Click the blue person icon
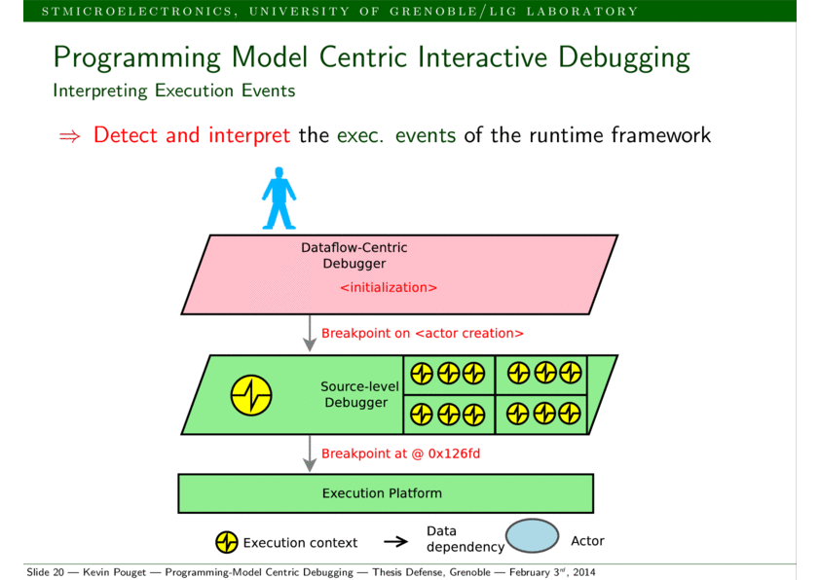279,199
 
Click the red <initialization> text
389,288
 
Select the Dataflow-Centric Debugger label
354,255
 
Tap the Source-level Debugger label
358,394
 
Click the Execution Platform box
385,493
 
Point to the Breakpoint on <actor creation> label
422,333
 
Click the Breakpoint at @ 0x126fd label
400,453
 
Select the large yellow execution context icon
251,395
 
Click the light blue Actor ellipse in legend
532,536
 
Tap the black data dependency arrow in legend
395,542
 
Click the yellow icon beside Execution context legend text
226,542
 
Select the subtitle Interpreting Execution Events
173,91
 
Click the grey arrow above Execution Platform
310,453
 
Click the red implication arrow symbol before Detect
69,136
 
